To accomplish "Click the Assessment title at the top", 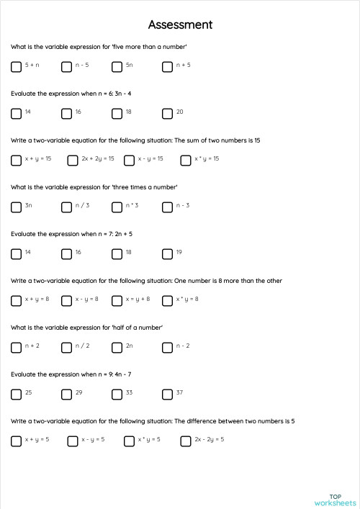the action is point(180,24).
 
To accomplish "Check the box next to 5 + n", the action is point(17,66).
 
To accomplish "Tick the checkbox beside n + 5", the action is point(168,66).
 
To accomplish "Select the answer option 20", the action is point(168,113).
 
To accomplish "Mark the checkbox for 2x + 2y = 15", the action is point(73,160).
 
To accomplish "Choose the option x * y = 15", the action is point(186,160).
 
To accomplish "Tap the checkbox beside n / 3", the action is point(67,207).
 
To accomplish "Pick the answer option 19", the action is point(168,253).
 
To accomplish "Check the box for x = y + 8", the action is point(117,300).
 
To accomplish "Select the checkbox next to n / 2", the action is point(67,347).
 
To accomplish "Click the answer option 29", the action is point(67,394).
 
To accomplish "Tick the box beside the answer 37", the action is point(168,394).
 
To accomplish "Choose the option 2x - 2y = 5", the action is point(186,441).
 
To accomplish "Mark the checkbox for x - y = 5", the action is point(73,441).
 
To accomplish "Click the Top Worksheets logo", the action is point(335,500).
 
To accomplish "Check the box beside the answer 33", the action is point(117,394).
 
